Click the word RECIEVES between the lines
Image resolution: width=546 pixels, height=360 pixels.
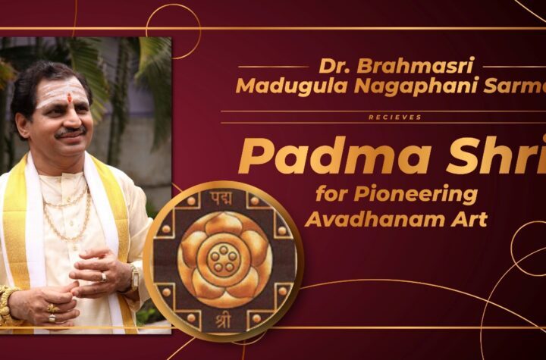click(395, 117)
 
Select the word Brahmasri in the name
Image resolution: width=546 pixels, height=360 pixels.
click(416, 65)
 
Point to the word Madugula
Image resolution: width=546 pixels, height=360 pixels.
click(292, 86)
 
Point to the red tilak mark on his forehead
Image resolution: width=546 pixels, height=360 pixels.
click(69, 98)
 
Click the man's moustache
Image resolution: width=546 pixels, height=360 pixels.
click(71, 132)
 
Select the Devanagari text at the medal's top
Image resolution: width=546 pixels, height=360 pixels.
click(221, 199)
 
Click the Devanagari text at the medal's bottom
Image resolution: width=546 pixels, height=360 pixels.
click(223, 321)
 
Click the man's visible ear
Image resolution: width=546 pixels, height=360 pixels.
click(24, 125)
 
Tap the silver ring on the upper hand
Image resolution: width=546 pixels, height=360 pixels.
click(103, 277)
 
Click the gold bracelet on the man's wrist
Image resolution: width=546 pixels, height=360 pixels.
click(6, 305)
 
